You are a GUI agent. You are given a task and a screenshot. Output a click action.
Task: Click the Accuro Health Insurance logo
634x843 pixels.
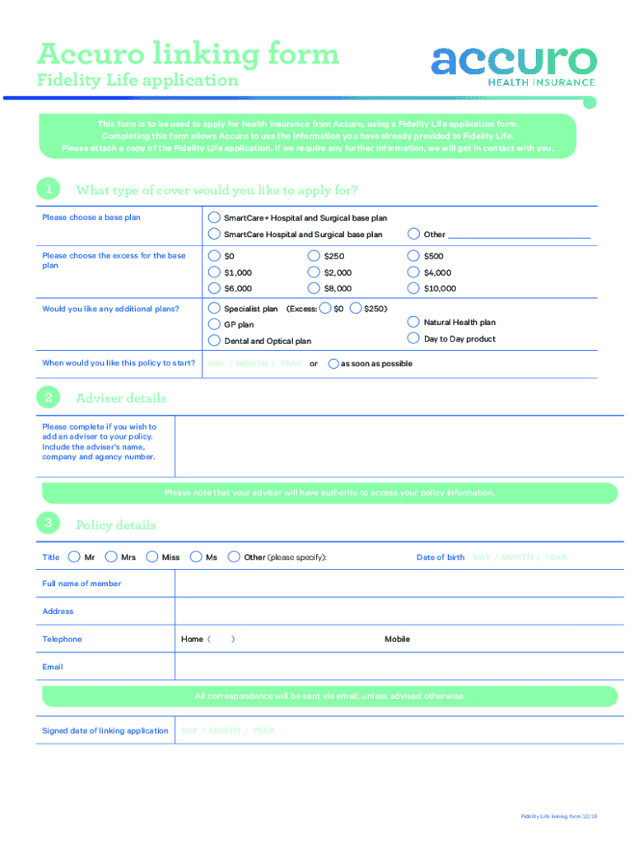pos(513,64)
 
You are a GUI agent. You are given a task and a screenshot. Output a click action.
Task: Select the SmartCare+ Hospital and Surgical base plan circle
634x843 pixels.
pos(214,218)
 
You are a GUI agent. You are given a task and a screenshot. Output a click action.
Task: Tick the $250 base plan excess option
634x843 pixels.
pos(314,256)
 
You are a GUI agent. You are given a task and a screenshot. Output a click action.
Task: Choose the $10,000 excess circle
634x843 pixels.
pos(414,288)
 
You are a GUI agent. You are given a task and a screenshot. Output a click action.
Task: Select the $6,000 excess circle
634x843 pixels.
pos(214,288)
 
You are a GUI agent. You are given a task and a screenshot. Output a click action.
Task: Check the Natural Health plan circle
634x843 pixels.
pos(414,322)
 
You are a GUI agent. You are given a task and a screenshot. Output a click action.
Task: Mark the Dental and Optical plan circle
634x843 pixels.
pos(214,340)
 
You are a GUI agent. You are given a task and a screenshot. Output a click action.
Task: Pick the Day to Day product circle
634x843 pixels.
pos(414,338)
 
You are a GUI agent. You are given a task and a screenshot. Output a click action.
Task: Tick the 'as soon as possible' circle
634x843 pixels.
pos(333,363)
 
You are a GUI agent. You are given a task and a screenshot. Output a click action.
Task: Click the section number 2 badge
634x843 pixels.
pos(49,398)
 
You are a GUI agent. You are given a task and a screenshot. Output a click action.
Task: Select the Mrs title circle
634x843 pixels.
pos(112,557)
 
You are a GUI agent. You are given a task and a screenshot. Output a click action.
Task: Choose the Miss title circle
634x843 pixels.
pos(152,557)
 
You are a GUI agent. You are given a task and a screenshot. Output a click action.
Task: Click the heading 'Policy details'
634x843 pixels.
pos(115,525)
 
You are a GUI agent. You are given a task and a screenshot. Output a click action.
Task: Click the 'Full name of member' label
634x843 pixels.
pos(82,584)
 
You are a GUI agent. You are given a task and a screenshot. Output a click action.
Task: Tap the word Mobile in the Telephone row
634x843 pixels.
pos(397,640)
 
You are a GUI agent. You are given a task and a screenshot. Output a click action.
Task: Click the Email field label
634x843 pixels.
pos(53,667)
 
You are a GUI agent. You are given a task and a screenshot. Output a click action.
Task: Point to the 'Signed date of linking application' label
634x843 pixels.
pos(105,731)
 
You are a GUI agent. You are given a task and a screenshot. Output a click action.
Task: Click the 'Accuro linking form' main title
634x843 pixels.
pos(188,54)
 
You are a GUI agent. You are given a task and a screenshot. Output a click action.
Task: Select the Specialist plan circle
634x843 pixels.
pos(214,309)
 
